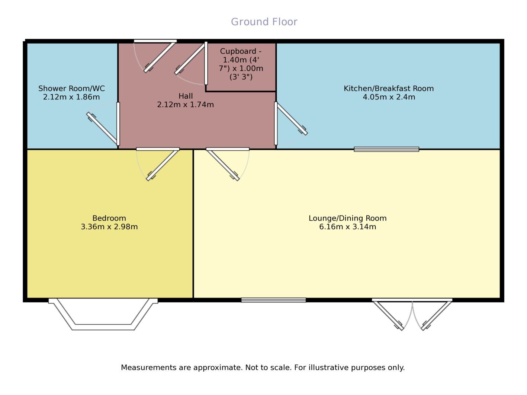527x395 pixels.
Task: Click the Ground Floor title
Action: coord(264,22)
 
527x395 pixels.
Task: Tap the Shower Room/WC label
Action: coord(71,89)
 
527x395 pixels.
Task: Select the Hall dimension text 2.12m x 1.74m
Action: coord(185,105)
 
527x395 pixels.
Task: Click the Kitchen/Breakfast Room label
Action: coord(388,89)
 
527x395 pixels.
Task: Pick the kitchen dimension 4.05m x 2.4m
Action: coord(389,97)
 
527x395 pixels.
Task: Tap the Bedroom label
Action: coord(109,218)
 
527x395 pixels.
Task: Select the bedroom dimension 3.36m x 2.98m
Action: coord(109,227)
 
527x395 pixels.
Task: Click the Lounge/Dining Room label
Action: coord(347,218)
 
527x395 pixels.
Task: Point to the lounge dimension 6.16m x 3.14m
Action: coord(347,227)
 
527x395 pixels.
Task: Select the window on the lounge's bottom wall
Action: coord(273,300)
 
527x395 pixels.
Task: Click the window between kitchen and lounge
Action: coord(386,149)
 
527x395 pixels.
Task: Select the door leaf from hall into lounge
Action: coord(222,165)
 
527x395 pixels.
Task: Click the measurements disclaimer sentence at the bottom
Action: coord(263,367)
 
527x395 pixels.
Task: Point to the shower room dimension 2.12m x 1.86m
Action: coord(71,97)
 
